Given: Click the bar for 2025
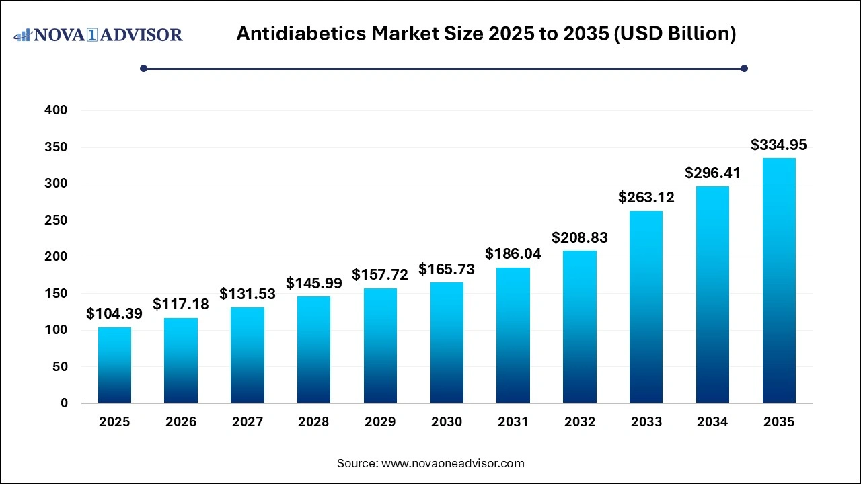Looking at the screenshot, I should click(x=114, y=365).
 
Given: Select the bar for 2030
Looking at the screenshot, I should click(x=447, y=343).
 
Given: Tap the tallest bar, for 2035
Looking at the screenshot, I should click(x=779, y=280).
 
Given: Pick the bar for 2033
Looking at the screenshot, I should click(x=646, y=307).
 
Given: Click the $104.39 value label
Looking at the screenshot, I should click(x=114, y=313).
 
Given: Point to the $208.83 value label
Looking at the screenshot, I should click(x=580, y=237).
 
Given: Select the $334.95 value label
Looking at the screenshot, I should click(x=779, y=145).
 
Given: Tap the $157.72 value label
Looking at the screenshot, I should click(x=380, y=275).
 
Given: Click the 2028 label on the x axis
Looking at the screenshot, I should click(x=313, y=422).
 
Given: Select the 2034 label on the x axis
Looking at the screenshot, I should click(x=712, y=422).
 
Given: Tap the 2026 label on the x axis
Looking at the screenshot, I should click(x=181, y=422).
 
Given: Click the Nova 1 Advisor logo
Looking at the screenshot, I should click(x=98, y=34).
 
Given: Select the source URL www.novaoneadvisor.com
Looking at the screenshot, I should click(x=453, y=463).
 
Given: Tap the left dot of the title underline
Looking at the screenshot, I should click(x=143, y=68).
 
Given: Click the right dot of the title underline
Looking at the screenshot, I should click(x=744, y=68).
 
